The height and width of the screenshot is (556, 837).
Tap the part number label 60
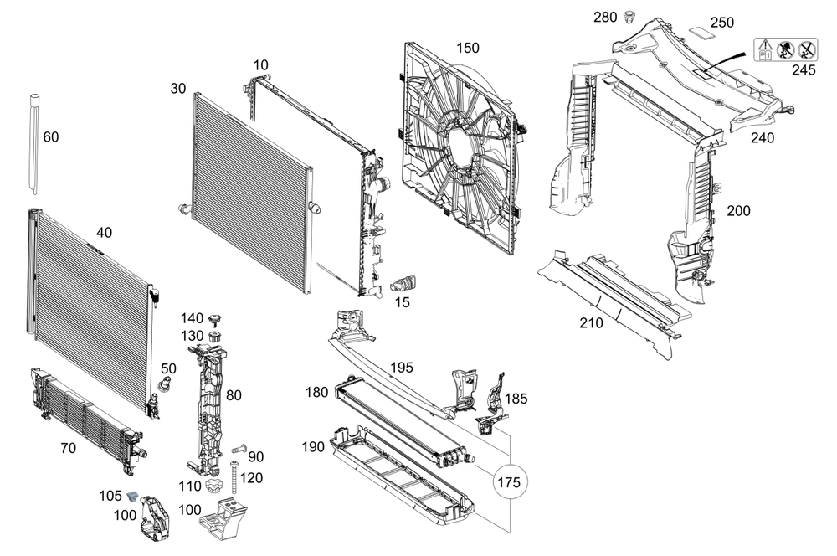point(51,137)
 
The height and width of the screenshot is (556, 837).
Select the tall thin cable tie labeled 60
point(35,142)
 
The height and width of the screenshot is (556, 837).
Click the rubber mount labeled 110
point(215,486)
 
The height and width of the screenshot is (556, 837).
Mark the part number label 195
point(403,368)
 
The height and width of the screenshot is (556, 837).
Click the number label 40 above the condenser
point(103,232)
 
